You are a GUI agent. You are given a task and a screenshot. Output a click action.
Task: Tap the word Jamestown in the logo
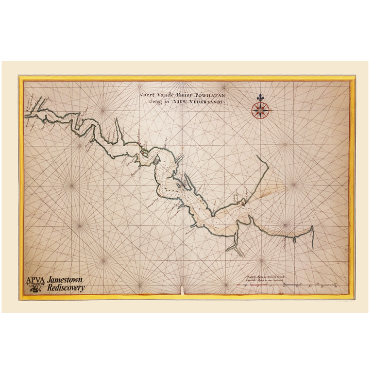coord(63,280)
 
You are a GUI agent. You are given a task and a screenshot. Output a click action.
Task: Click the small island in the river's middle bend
coord(179,185)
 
